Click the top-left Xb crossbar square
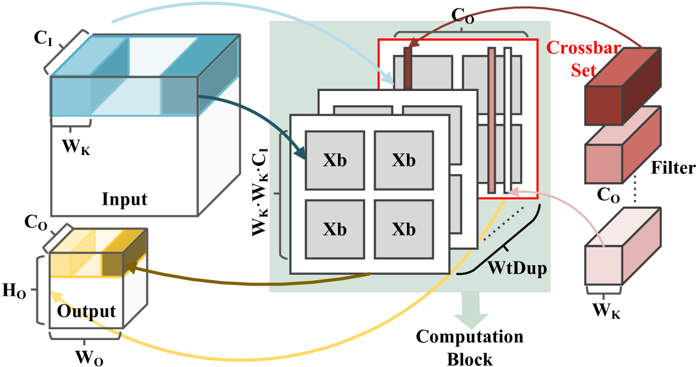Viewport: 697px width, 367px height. coord(334,160)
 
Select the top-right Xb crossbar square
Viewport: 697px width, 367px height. coord(403,160)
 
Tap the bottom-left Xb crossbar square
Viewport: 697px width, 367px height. coord(334,229)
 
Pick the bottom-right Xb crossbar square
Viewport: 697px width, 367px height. coord(403,229)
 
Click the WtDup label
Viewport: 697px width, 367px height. coord(517,268)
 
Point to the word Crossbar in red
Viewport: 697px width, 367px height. coord(584,48)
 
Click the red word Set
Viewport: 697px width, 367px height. coord(583,69)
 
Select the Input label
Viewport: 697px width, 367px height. coord(124,199)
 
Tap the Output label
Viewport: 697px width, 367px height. coord(86,311)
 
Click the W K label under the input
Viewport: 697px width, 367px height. coord(76,147)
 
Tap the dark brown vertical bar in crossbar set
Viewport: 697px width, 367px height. coord(408,69)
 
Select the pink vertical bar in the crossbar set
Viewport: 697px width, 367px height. coord(491,120)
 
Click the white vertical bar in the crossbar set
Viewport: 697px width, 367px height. coord(508,120)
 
